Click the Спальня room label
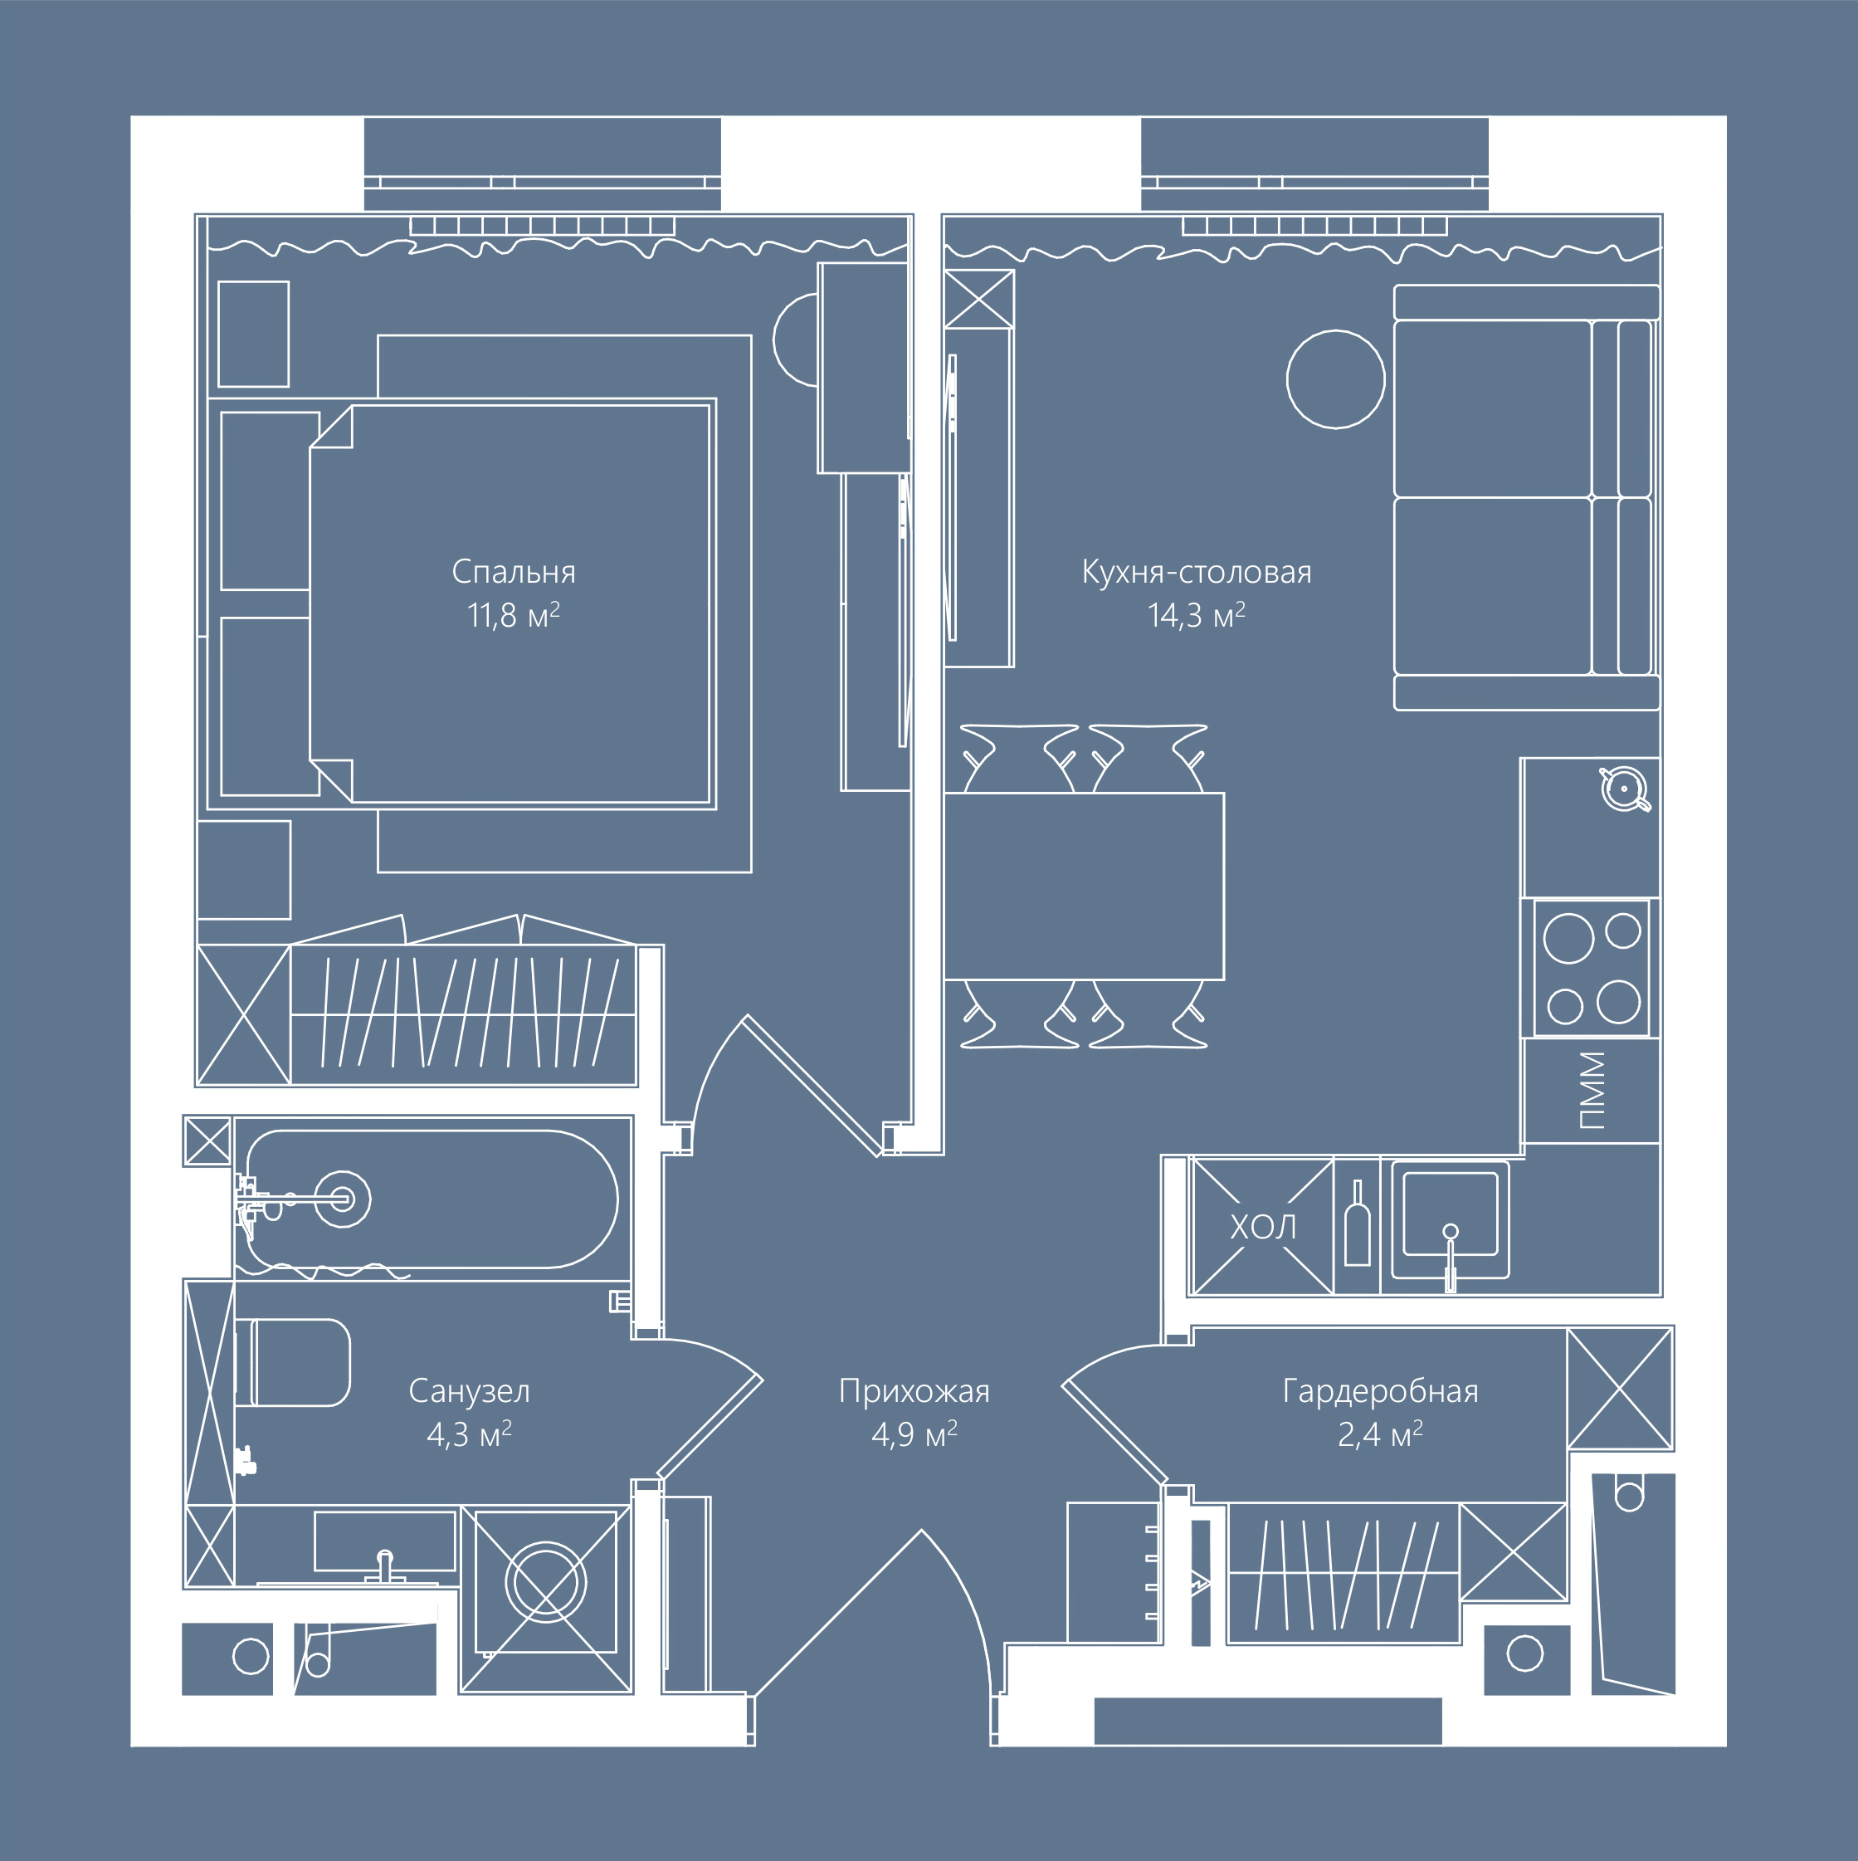click(x=514, y=572)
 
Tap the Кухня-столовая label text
click(x=1197, y=572)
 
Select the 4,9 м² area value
click(x=914, y=1434)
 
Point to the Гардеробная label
click(x=1380, y=1391)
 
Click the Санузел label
click(x=469, y=1391)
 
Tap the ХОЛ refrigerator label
click(x=1263, y=1227)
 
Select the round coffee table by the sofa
click(x=1335, y=379)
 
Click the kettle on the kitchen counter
click(x=1625, y=789)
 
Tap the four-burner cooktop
click(x=1591, y=967)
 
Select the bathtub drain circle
click(x=342, y=1199)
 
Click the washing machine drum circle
click(x=545, y=1580)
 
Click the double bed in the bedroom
click(x=510, y=604)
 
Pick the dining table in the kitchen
click(x=1084, y=887)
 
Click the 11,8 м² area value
click(x=514, y=614)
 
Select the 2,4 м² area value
click(x=1380, y=1434)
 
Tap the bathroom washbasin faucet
click(x=385, y=1565)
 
